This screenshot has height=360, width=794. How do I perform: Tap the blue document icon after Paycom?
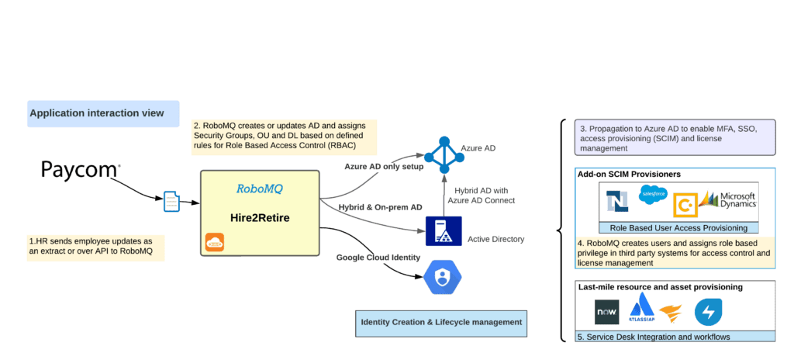[170, 202]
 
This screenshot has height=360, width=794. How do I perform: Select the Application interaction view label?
[97, 113]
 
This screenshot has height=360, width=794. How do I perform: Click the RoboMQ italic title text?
[260, 188]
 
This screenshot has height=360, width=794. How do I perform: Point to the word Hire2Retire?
[260, 218]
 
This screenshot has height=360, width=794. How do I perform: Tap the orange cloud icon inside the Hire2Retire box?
[215, 242]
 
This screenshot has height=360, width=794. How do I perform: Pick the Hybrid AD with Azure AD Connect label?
[481, 195]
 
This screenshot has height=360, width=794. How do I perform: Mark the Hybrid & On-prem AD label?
[380, 207]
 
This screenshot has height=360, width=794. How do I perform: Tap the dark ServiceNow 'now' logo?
[606, 313]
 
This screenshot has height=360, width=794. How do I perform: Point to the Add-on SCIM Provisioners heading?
[629, 175]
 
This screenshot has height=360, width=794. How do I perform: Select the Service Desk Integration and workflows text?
[654, 337]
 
